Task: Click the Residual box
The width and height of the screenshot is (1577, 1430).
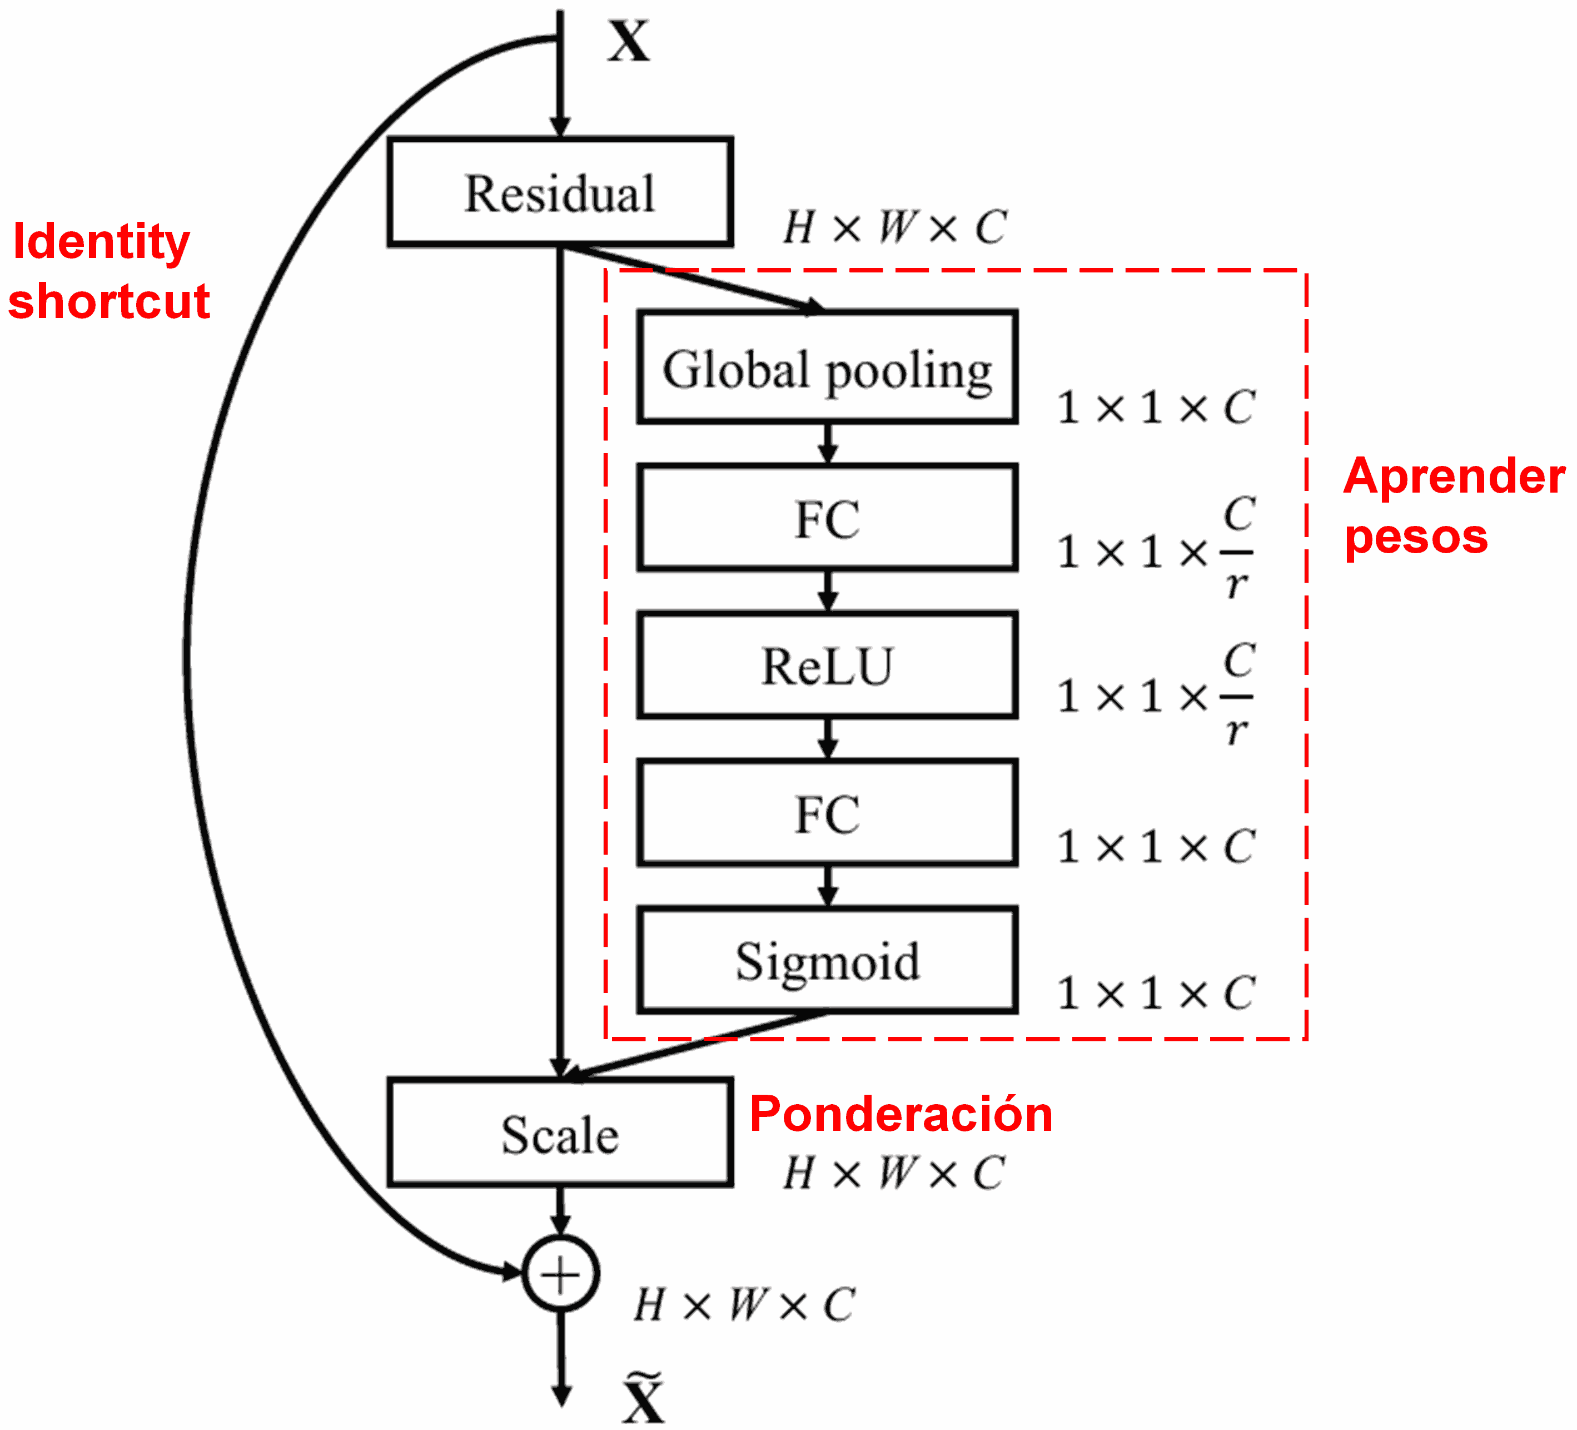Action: (560, 192)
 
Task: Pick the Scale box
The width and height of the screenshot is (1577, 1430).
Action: (560, 1134)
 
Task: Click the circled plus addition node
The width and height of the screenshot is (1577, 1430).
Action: (560, 1274)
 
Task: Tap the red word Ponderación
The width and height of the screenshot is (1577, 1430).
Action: (901, 1114)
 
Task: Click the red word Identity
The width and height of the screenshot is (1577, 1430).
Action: (101, 242)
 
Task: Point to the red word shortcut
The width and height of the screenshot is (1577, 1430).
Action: (109, 301)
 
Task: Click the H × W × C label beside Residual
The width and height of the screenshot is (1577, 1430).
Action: (895, 227)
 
